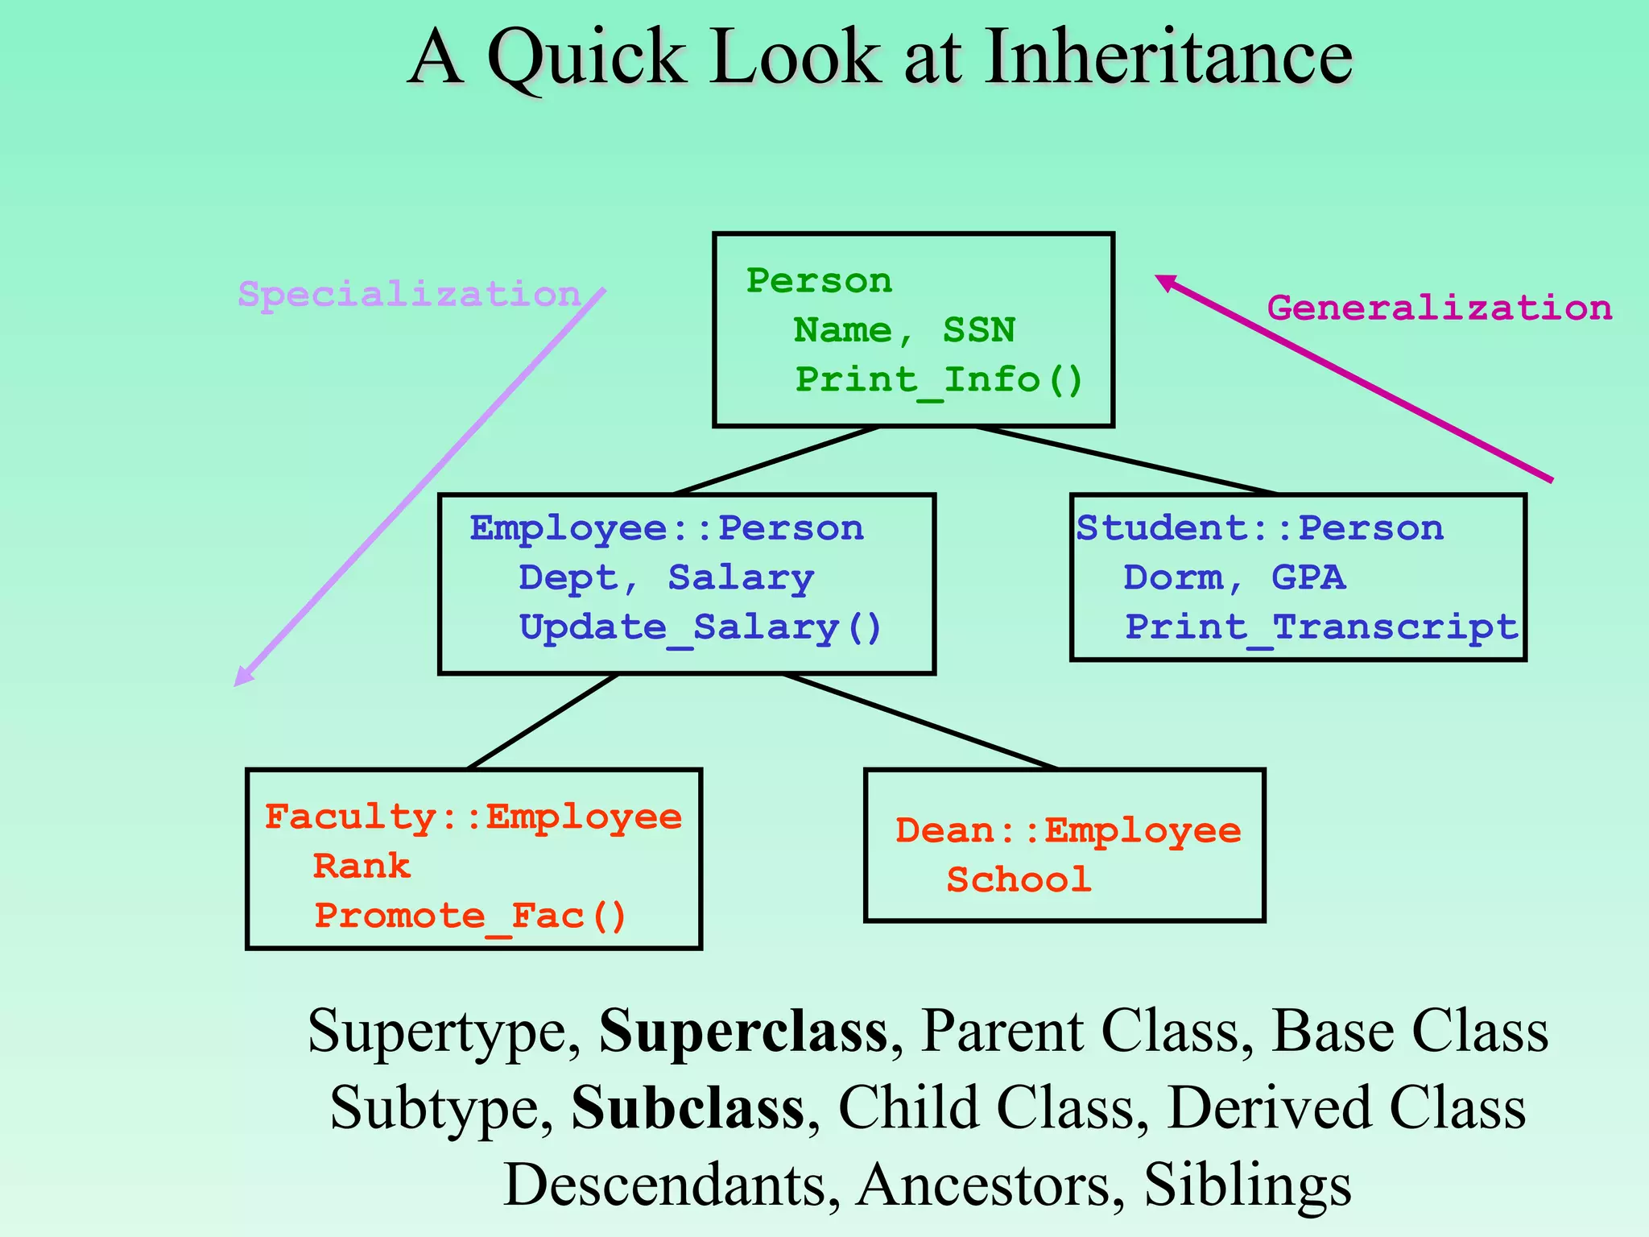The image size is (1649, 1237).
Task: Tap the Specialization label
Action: [409, 295]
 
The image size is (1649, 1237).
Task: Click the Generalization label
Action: [1439, 308]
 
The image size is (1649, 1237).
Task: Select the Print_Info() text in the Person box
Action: [939, 379]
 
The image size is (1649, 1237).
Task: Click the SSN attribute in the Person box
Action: [978, 330]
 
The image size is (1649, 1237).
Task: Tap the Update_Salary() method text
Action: [701, 628]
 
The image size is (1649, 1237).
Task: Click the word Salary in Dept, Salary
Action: [741, 578]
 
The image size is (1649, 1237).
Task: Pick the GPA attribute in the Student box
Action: [1308, 578]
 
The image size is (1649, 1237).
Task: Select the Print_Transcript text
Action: [1320, 627]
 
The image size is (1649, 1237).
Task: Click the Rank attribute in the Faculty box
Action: [362, 867]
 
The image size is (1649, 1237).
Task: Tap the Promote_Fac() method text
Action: [470, 916]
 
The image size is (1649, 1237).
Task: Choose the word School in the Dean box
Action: [1019, 880]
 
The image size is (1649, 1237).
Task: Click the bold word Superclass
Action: [742, 1031]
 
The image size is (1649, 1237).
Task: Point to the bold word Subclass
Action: [688, 1108]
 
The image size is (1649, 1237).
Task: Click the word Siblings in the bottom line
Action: [1247, 1185]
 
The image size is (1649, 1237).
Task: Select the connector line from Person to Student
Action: [1127, 460]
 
